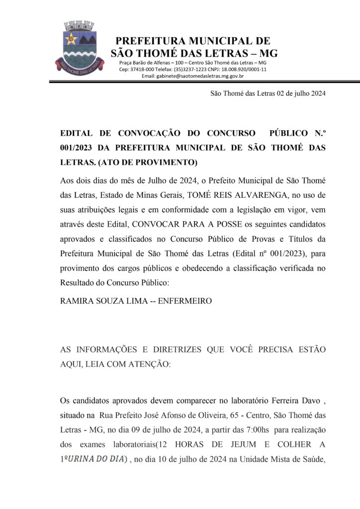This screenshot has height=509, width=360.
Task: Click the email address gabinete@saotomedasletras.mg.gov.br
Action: click(x=192, y=76)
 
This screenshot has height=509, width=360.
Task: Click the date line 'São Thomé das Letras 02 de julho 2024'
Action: click(x=268, y=93)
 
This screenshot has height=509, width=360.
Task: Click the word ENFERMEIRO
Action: click(x=185, y=301)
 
